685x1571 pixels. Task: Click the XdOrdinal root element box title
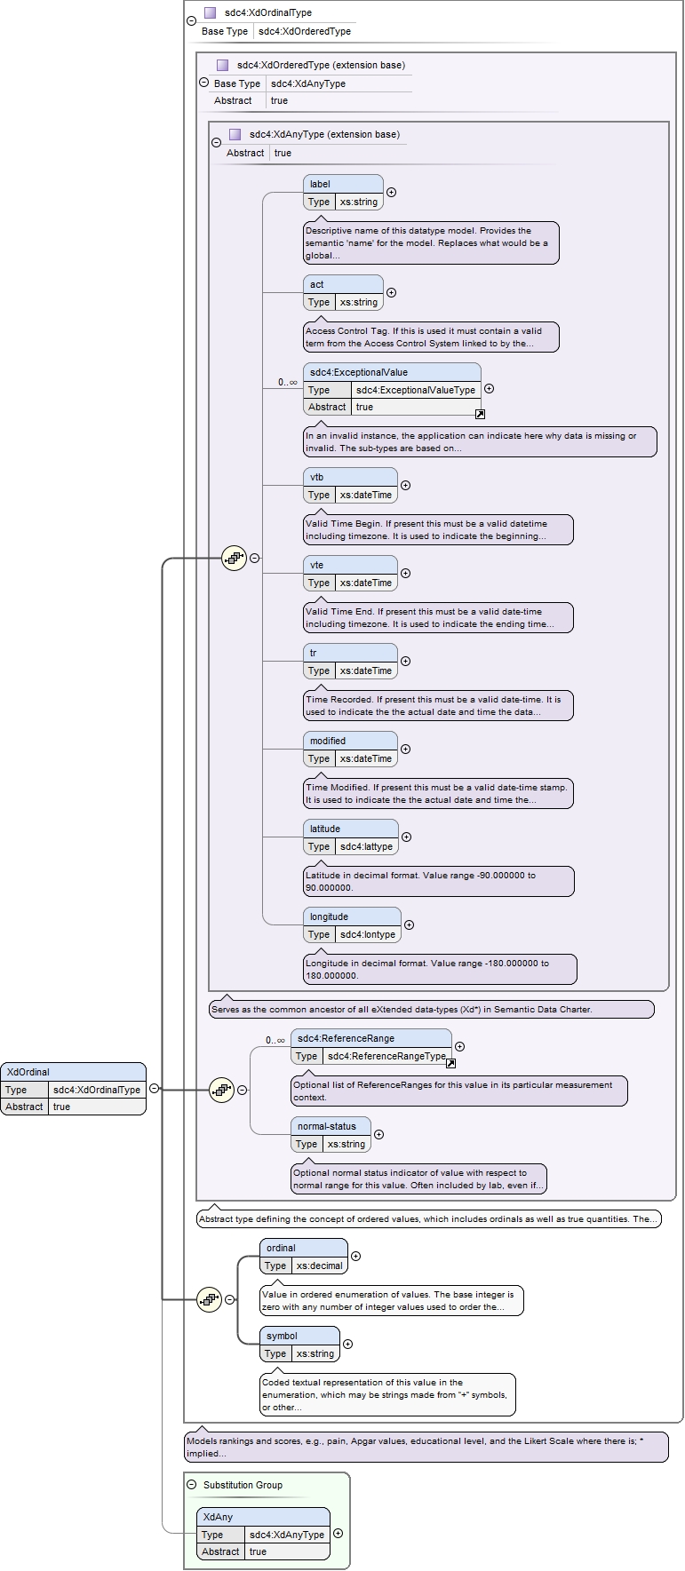click(x=28, y=1072)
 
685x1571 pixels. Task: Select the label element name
click(x=320, y=184)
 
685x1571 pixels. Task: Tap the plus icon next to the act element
click(x=391, y=293)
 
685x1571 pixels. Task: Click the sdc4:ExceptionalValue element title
click(x=359, y=372)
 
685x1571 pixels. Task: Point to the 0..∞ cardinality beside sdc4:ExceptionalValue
click(x=287, y=382)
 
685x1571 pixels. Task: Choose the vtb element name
click(x=317, y=477)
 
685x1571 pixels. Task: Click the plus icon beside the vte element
click(x=406, y=574)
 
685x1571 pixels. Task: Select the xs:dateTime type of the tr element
click(x=366, y=670)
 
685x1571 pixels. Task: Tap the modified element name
click(x=328, y=741)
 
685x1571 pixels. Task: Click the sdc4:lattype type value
click(x=366, y=846)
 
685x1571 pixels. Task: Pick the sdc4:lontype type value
click(x=368, y=934)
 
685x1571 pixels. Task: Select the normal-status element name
click(x=327, y=1126)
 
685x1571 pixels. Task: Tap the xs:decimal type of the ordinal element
click(x=320, y=1266)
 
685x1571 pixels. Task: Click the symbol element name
click(x=282, y=1336)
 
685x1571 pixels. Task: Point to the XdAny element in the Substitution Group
click(x=263, y=1534)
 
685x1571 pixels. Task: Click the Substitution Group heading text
click(x=243, y=1485)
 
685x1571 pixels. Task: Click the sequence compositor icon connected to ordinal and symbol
click(x=209, y=1299)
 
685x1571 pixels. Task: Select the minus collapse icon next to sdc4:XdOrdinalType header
click(x=191, y=21)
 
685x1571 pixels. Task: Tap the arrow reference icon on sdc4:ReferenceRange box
click(x=450, y=1063)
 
